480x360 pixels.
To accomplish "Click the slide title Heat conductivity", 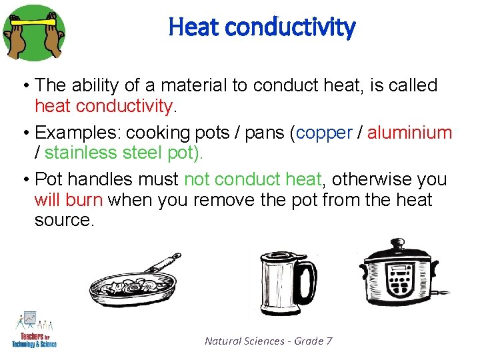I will [x=262, y=27].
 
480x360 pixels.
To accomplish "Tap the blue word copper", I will [x=324, y=133].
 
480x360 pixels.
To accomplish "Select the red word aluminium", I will [x=409, y=133].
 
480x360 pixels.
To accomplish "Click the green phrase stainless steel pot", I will [x=123, y=153].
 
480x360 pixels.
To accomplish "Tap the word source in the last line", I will [x=65, y=220].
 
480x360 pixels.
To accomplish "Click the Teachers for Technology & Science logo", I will [x=34, y=331].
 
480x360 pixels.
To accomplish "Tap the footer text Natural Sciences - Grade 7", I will [x=268, y=341].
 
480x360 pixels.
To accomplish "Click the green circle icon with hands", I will [x=34, y=31].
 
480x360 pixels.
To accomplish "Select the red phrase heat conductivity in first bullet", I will [x=103, y=106].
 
